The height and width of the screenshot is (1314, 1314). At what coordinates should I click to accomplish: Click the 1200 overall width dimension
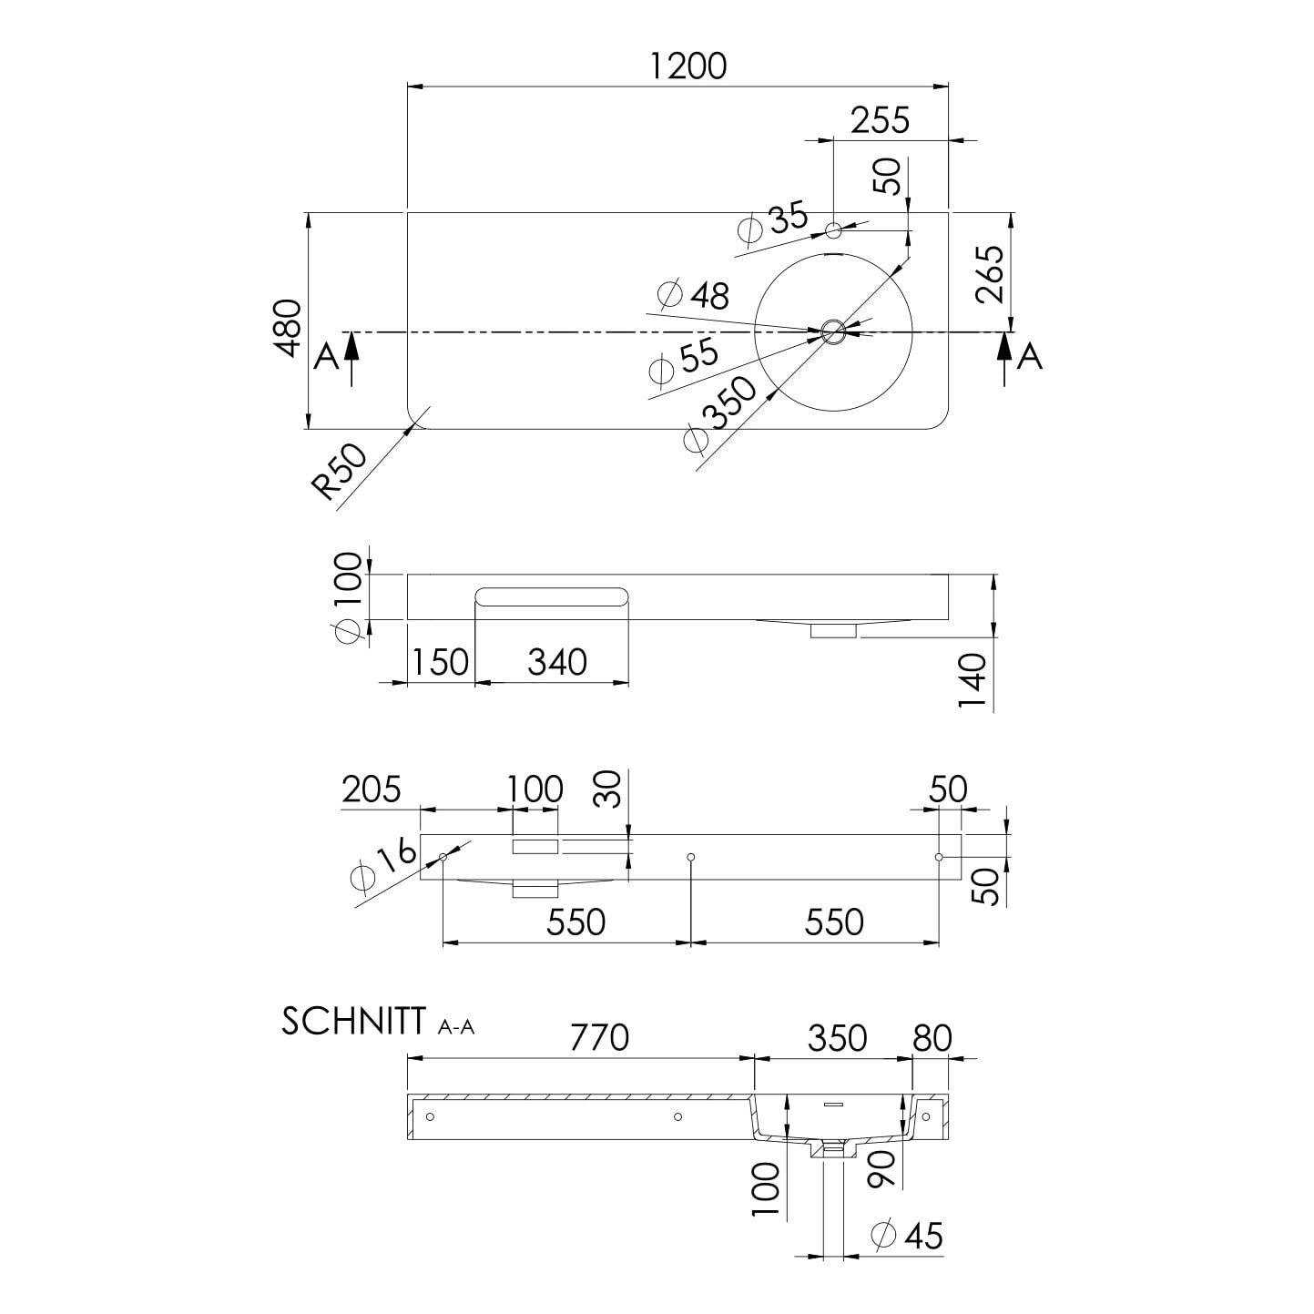click(x=688, y=66)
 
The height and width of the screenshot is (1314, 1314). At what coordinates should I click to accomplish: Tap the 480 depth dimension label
click(x=290, y=328)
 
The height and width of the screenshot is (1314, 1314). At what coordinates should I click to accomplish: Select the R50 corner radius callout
click(x=339, y=471)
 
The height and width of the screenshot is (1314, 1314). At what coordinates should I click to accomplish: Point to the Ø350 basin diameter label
click(x=721, y=413)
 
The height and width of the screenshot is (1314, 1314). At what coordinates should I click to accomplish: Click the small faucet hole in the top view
click(x=833, y=230)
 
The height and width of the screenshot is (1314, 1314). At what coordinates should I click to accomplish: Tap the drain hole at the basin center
click(x=832, y=332)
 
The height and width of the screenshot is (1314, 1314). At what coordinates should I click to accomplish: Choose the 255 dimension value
click(x=880, y=120)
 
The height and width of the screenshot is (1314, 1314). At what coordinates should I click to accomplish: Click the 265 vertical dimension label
click(x=990, y=274)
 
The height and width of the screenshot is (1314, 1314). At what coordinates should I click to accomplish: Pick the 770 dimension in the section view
click(x=599, y=1038)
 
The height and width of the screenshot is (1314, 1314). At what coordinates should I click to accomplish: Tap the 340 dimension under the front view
click(x=557, y=662)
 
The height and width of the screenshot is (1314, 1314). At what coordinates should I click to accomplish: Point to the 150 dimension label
click(x=441, y=662)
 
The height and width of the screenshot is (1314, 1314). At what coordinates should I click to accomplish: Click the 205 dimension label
click(x=371, y=789)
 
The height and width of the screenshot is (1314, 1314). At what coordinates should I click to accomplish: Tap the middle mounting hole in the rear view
click(x=691, y=857)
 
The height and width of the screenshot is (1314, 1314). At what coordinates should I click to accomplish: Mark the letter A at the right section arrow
click(x=1030, y=357)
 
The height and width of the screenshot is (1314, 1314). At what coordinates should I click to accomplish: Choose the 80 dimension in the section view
click(x=932, y=1038)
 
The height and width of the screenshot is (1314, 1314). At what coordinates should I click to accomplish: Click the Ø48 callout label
click(x=694, y=294)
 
